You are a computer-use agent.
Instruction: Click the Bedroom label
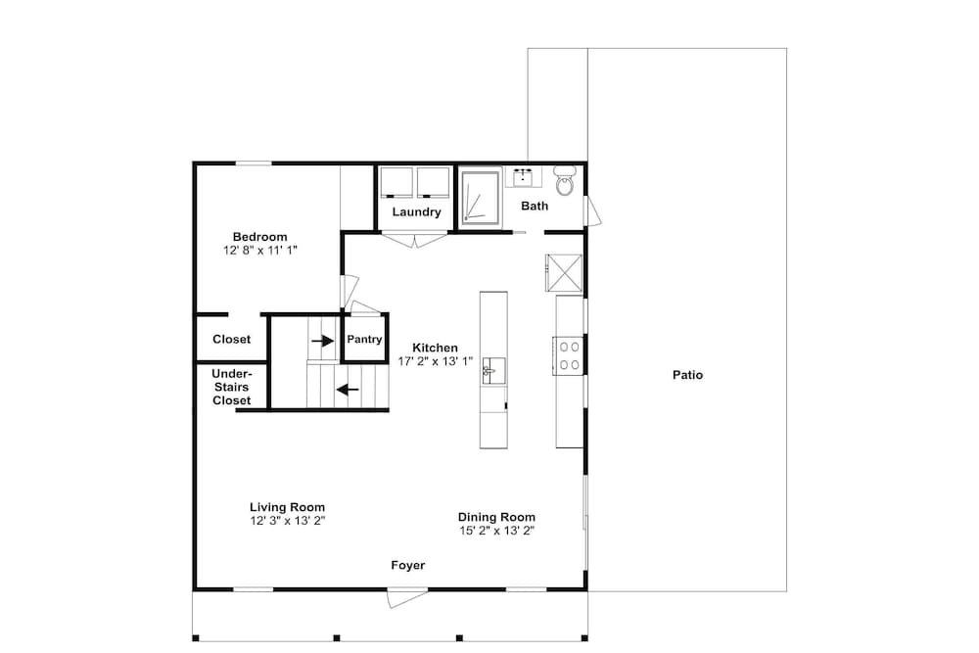(x=259, y=237)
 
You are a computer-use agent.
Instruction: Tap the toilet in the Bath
(x=565, y=180)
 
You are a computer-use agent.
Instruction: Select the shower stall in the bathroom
(x=481, y=198)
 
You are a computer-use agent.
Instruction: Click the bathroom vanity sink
(x=523, y=178)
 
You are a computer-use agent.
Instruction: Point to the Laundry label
(x=416, y=211)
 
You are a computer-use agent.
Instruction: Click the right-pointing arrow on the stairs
(x=323, y=341)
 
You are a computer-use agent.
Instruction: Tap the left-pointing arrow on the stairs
(x=348, y=391)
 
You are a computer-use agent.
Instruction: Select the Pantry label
(x=364, y=339)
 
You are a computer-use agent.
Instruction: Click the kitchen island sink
(x=492, y=371)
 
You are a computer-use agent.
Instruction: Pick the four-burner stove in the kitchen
(x=569, y=355)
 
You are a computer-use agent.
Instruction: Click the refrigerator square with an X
(x=565, y=272)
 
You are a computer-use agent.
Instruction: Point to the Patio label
(x=687, y=375)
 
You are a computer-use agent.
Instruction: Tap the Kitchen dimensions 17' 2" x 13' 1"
(x=436, y=361)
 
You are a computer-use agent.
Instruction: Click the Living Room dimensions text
(x=288, y=521)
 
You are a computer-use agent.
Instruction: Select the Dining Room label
(x=496, y=517)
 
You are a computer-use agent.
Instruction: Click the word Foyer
(x=407, y=565)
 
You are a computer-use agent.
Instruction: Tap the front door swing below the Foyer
(x=407, y=597)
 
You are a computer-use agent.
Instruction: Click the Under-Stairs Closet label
(x=232, y=387)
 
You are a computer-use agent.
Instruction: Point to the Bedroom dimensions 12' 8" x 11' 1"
(x=260, y=251)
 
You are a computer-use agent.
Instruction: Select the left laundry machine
(x=397, y=182)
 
